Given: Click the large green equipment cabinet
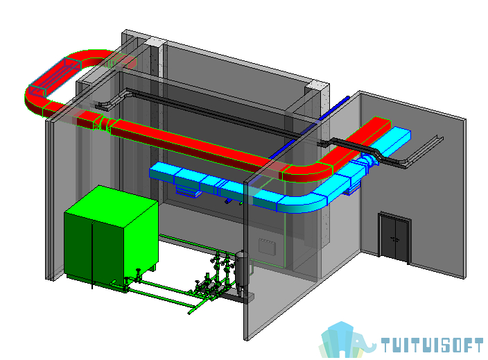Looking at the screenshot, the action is [110, 237].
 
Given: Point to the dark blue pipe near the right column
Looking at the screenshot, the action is [308, 128].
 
